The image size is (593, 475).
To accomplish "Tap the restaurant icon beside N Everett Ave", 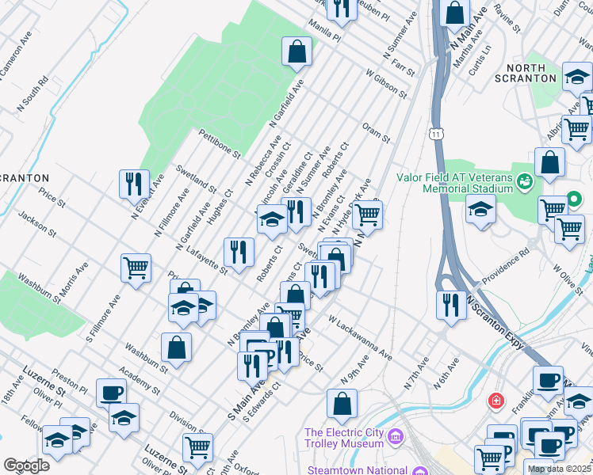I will (133, 184).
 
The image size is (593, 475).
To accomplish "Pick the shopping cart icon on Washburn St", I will (136, 268).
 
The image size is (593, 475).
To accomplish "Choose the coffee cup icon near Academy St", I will (111, 392).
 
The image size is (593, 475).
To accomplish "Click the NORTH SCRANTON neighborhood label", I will (525, 72).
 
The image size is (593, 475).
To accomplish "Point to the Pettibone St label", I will (220, 143).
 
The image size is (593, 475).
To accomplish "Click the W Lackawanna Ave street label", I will (360, 336).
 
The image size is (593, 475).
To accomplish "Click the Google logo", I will (27, 465).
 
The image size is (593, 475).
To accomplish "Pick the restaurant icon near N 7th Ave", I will (451, 305).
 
